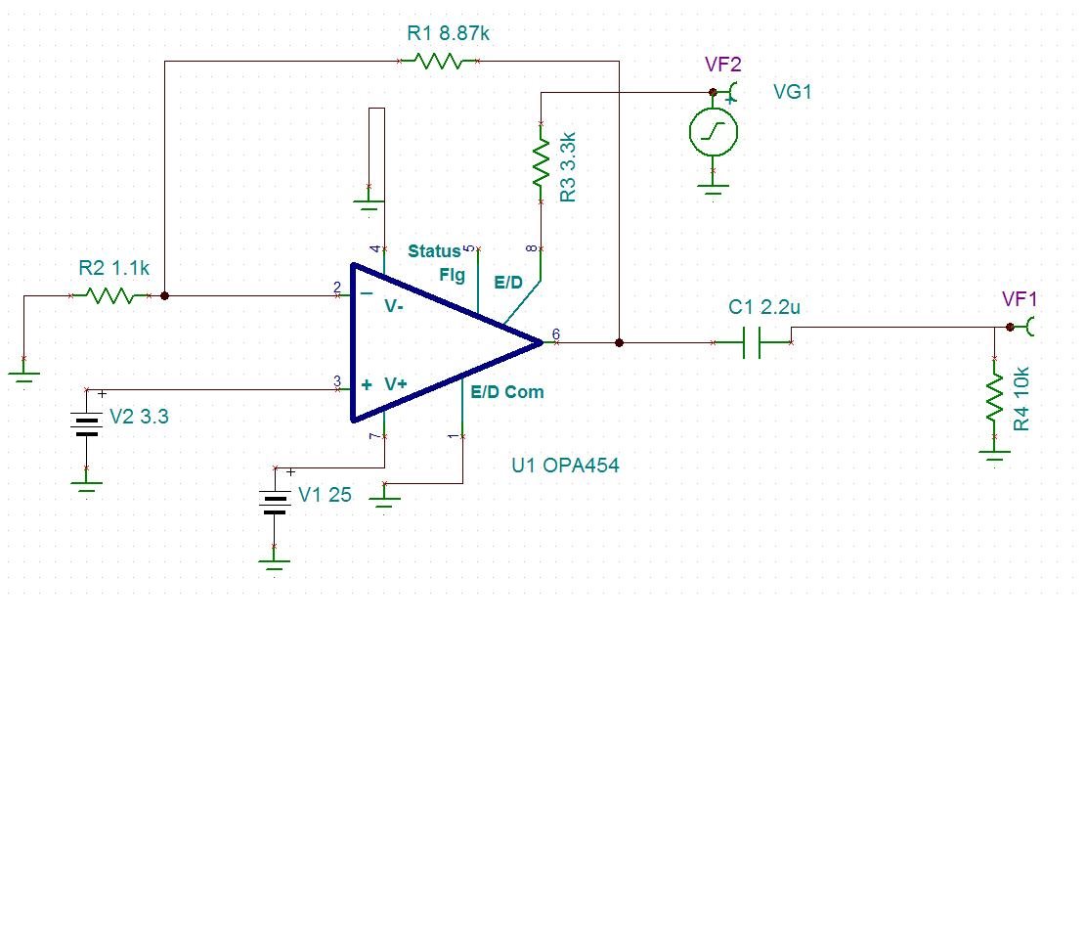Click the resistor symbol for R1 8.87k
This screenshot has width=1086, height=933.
[437, 61]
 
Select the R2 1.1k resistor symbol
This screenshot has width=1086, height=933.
[109, 295]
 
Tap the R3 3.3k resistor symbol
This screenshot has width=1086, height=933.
[540, 163]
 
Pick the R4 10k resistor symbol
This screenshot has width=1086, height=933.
[994, 397]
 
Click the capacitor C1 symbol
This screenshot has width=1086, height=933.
[752, 342]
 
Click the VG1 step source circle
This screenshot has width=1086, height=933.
[714, 132]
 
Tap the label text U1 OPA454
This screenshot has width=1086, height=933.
[565, 466]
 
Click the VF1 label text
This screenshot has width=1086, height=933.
[1020, 299]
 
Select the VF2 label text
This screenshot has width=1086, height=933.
[723, 65]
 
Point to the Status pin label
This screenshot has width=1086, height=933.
[434, 251]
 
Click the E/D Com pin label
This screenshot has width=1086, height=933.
[507, 392]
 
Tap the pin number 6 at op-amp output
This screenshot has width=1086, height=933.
[556, 334]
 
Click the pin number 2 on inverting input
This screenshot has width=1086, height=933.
[336, 288]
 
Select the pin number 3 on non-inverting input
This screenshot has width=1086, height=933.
[336, 381]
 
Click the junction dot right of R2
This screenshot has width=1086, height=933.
[164, 295]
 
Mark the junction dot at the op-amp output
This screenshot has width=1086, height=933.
[619, 342]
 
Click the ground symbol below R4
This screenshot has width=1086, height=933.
[994, 456]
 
